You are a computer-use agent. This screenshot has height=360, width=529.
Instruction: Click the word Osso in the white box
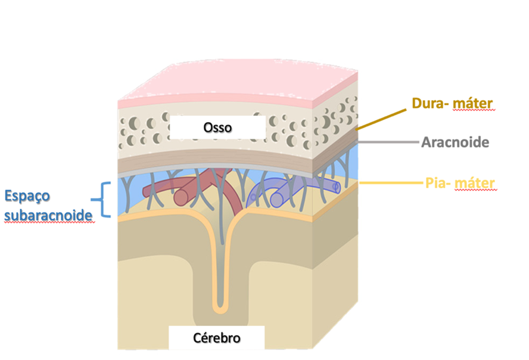pyautogui.click(x=217, y=128)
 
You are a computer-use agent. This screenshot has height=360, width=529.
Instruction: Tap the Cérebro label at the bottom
pyautogui.click(x=217, y=338)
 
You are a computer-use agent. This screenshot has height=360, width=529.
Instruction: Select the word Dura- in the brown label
pyautogui.click(x=430, y=103)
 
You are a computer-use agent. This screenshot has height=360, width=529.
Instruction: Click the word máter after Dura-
pyautogui.click(x=472, y=103)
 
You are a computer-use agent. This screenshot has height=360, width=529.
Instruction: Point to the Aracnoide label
pyautogui.click(x=455, y=142)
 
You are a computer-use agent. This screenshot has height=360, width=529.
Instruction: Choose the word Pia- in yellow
pyautogui.click(x=438, y=183)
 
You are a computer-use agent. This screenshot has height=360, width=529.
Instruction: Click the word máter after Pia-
pyautogui.click(x=475, y=183)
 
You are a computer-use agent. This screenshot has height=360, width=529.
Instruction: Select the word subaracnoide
pyautogui.click(x=48, y=215)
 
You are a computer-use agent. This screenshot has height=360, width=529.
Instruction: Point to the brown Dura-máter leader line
pyautogui.click(x=381, y=119)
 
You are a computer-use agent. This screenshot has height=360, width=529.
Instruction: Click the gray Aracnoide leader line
pyautogui.click(x=388, y=142)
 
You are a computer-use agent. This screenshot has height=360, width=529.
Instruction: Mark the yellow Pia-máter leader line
pyautogui.click(x=391, y=183)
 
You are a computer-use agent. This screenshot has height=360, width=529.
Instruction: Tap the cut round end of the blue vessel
pyautogui.click(x=276, y=200)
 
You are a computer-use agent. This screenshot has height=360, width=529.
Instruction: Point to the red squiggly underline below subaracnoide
pyautogui.click(x=49, y=222)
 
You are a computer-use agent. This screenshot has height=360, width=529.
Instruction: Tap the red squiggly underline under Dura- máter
pyautogui.click(x=474, y=110)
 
